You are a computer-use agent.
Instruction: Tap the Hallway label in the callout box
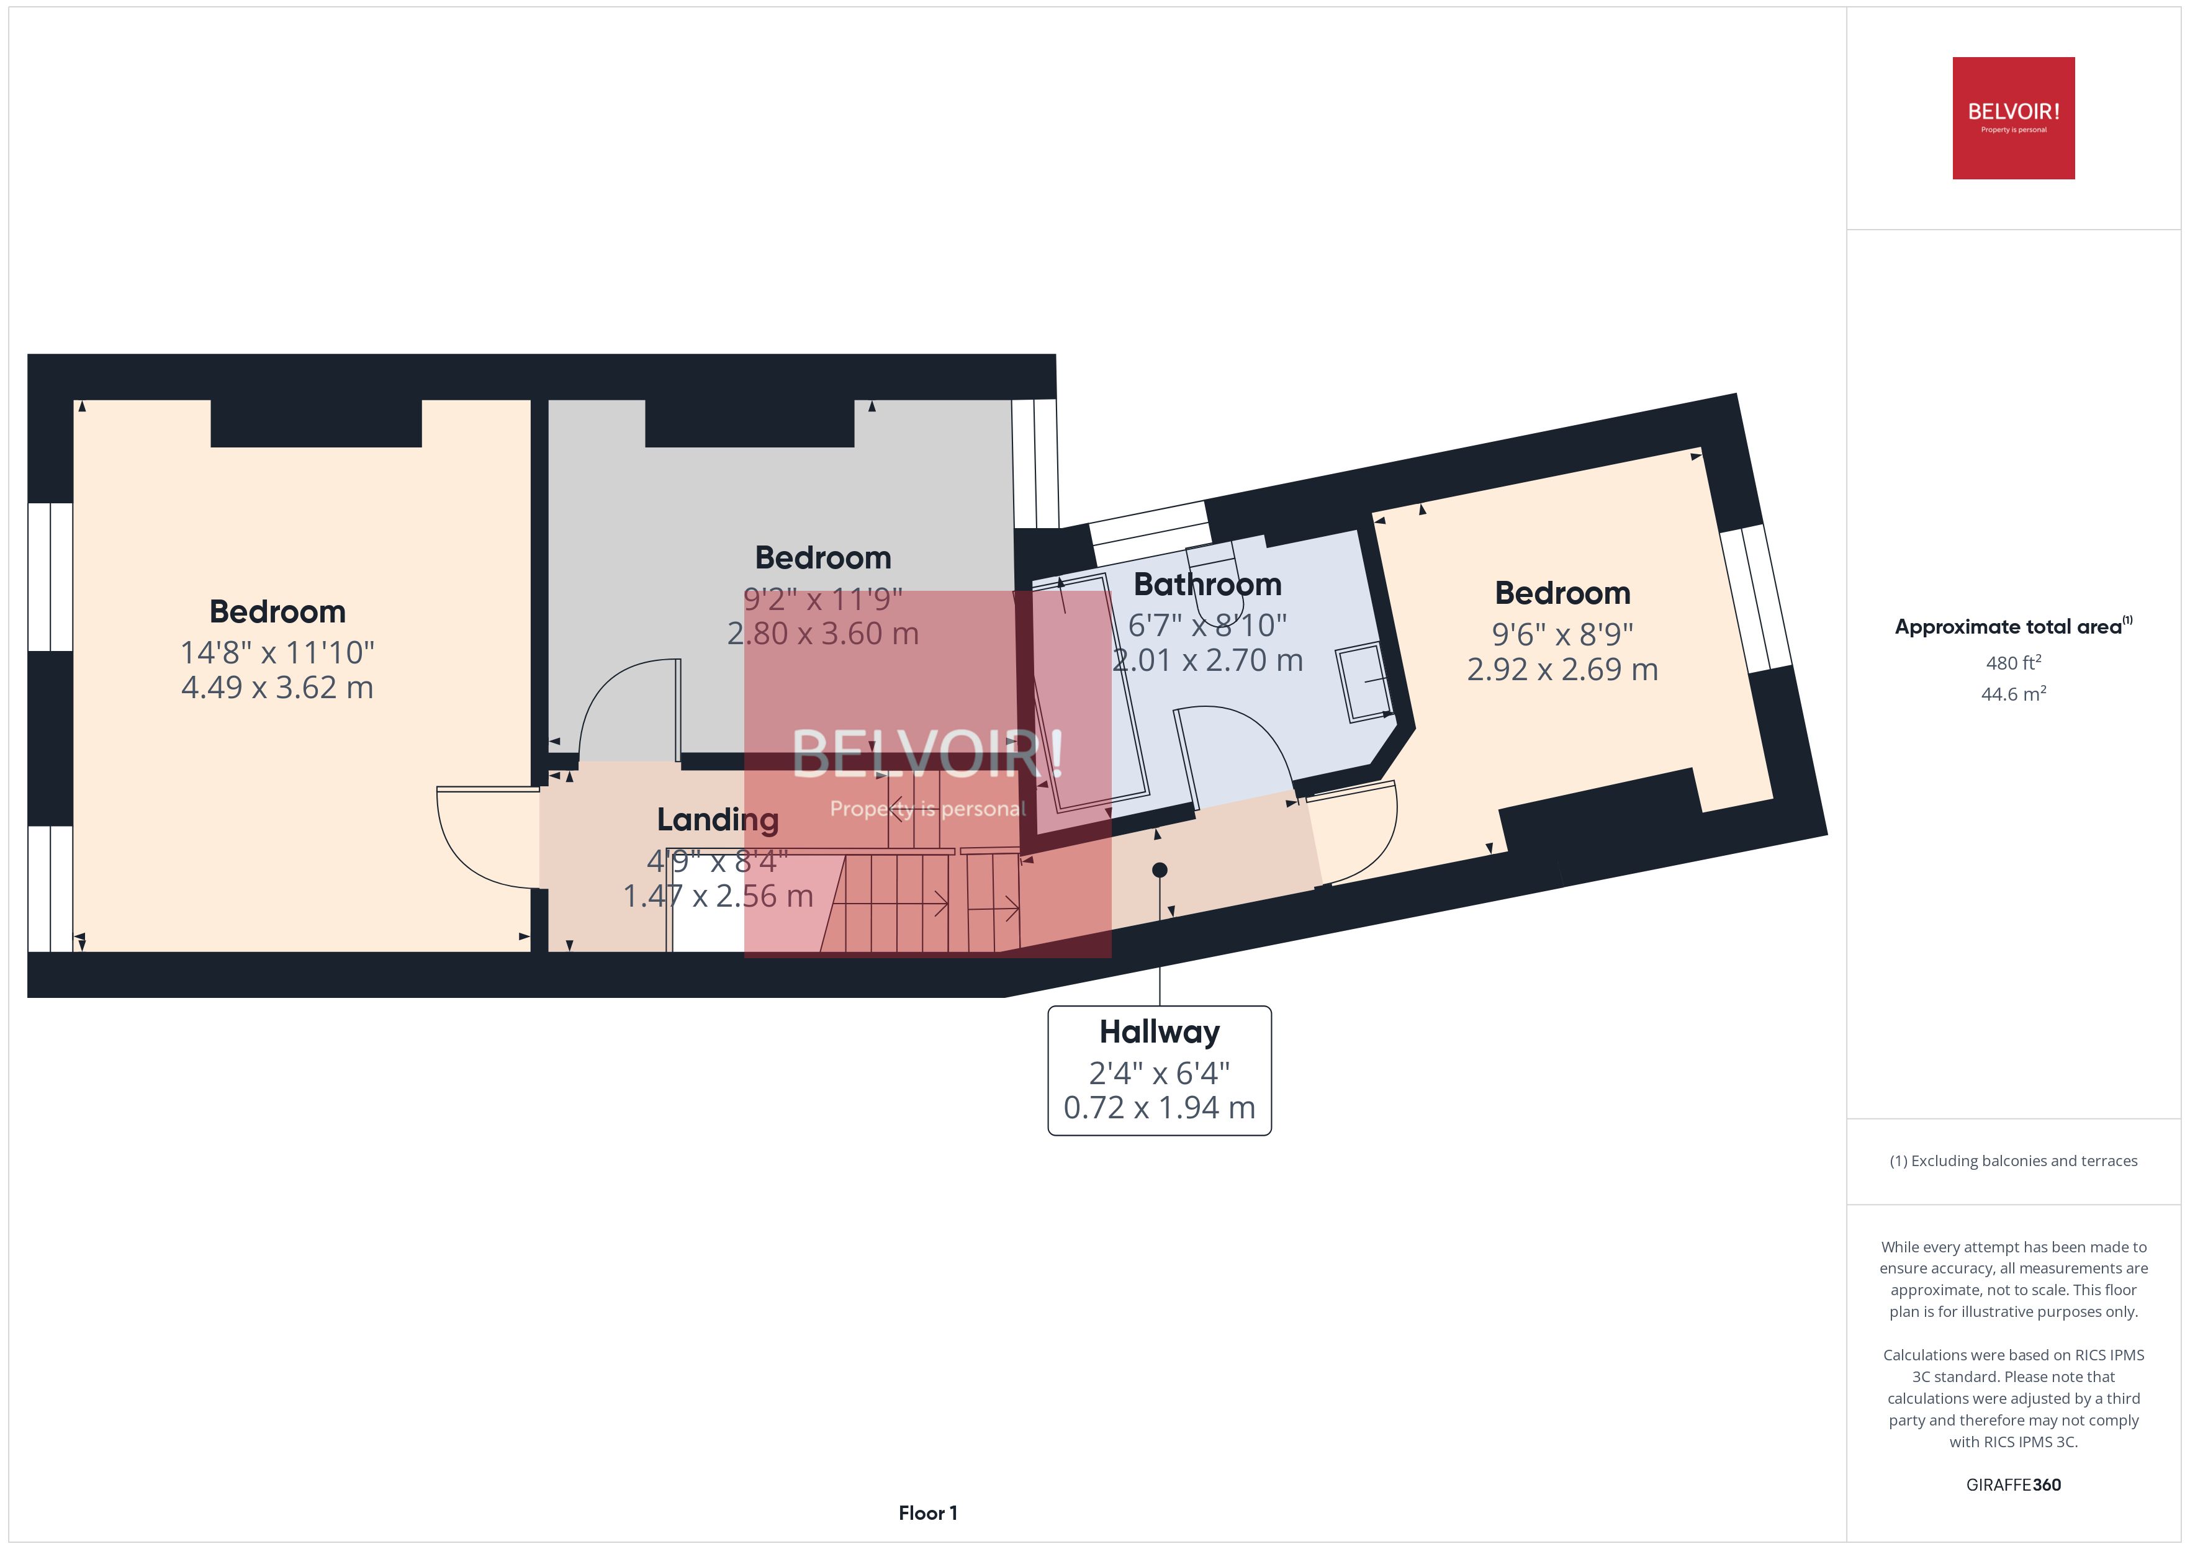(1159, 1032)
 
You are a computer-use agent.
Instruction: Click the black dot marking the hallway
(1159, 870)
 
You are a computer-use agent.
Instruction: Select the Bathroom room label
(1207, 584)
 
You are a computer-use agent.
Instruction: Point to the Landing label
(718, 819)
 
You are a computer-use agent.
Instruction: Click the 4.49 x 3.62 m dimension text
(277, 688)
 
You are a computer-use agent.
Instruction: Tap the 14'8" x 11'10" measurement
(277, 652)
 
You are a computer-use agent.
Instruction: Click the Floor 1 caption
(927, 1513)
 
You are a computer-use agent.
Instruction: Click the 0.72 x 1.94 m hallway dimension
(1159, 1107)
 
